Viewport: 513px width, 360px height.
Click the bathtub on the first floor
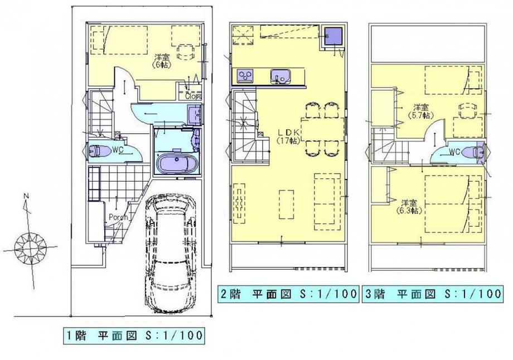pyautogui.click(x=174, y=165)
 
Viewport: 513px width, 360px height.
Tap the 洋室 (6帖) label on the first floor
pyautogui.click(x=162, y=60)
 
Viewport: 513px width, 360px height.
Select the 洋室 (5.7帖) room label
pyautogui.click(x=420, y=111)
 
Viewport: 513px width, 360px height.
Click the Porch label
pyautogui.click(x=118, y=217)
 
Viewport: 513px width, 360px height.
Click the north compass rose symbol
pyautogui.click(x=26, y=246)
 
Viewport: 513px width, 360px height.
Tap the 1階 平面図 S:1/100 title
pyautogui.click(x=131, y=336)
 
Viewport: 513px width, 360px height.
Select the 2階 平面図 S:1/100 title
pyautogui.click(x=287, y=294)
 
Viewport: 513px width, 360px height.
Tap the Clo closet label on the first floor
pyautogui.click(x=193, y=95)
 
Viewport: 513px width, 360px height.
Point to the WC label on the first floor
pyautogui.click(x=117, y=149)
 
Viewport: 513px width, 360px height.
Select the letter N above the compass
pyautogui.click(x=26, y=196)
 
